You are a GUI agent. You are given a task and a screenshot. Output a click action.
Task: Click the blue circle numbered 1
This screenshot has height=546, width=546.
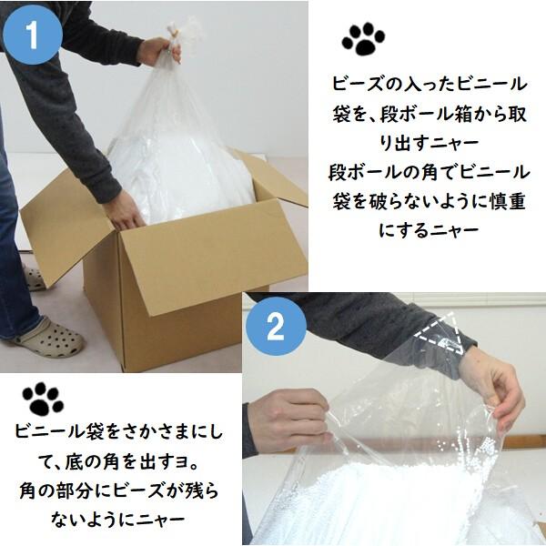(33, 35)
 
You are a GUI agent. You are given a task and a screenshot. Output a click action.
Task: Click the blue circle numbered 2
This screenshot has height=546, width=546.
(276, 327)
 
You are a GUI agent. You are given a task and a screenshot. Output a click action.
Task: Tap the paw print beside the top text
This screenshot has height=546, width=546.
(363, 38)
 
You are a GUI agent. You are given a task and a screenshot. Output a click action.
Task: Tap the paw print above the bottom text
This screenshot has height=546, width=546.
(43, 399)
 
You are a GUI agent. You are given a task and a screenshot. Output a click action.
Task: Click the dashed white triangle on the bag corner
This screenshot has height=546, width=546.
(442, 334)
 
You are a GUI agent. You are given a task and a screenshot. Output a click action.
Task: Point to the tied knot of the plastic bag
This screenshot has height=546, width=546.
(175, 34)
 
